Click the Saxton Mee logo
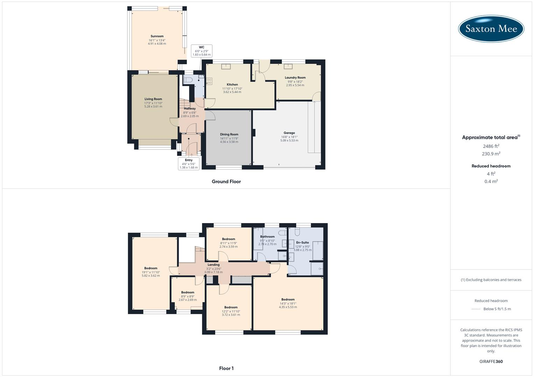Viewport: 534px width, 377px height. (491, 29)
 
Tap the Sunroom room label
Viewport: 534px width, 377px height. (157, 36)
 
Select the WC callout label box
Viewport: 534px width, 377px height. (201, 51)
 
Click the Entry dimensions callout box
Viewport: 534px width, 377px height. (188, 164)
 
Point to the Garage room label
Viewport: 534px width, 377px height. (289, 133)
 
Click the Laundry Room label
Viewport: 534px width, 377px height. (295, 78)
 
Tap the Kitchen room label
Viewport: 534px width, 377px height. (232, 84)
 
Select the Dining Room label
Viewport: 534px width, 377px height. (229, 134)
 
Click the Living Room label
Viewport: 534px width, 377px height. (153, 99)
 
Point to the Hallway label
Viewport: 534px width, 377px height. (190, 109)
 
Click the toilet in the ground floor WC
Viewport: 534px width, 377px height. (188, 80)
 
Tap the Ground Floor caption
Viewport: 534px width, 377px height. (226, 182)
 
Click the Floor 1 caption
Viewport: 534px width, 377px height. (226, 368)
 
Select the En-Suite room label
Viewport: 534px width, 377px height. (302, 242)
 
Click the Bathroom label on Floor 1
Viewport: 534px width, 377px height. (267, 237)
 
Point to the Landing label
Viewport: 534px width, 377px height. (213, 265)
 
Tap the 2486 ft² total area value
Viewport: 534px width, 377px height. (491, 146)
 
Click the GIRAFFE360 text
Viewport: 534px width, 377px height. (491, 362)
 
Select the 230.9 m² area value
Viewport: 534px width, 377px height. (491, 154)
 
